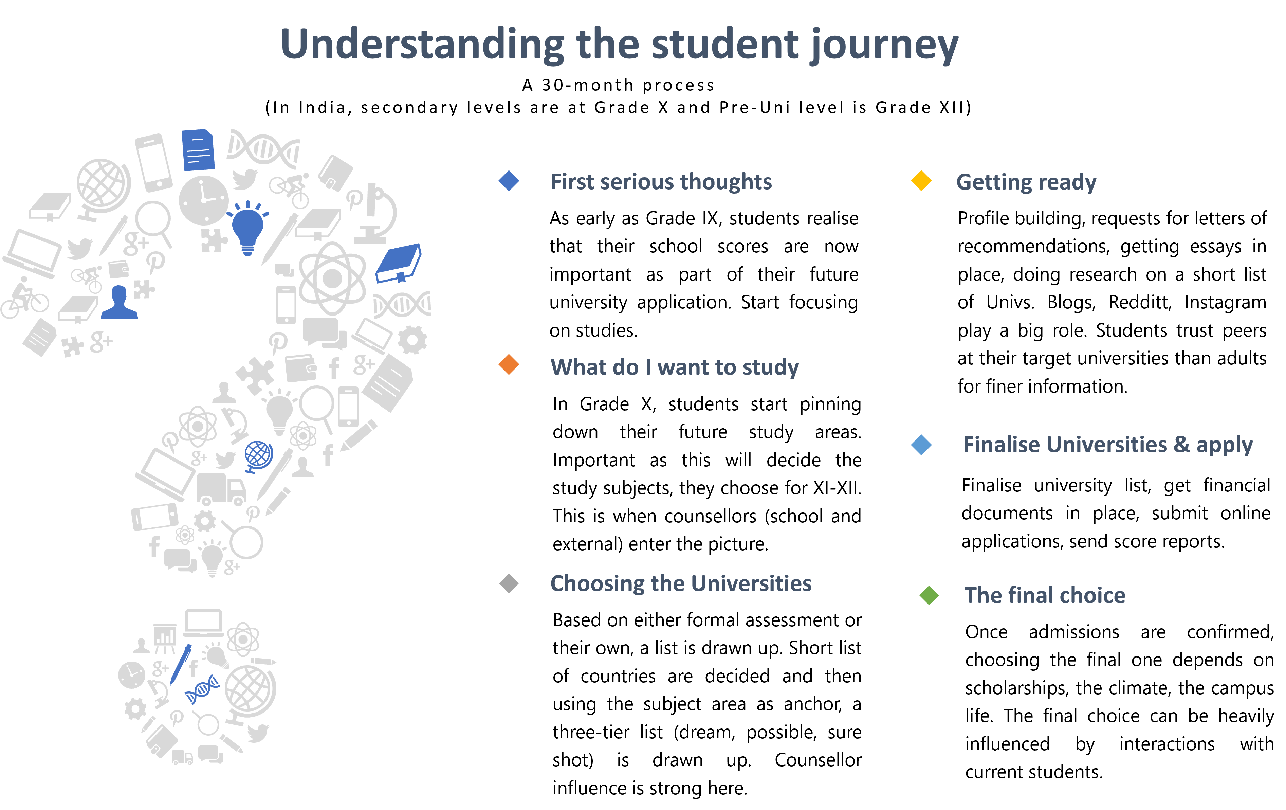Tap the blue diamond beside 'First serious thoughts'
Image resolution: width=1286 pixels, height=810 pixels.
(509, 181)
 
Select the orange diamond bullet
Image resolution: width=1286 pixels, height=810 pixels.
(509, 365)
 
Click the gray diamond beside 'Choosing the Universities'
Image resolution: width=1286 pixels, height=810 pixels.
(509, 583)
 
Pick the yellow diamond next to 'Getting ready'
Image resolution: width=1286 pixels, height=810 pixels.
(921, 181)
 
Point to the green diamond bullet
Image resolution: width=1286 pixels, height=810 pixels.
(929, 595)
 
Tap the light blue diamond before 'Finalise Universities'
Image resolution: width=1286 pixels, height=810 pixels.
(921, 445)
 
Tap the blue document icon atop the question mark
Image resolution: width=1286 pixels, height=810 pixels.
(198, 150)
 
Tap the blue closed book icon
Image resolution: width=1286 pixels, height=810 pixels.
(399, 262)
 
